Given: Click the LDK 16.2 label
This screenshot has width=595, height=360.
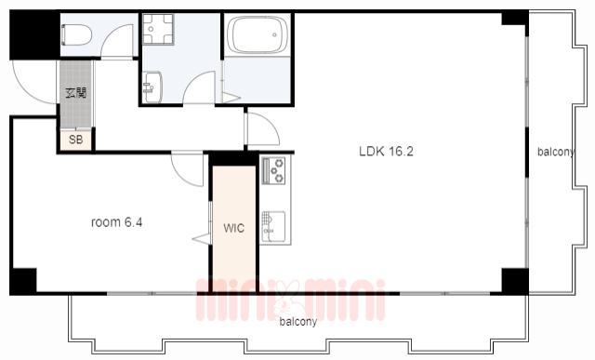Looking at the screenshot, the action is (386, 152).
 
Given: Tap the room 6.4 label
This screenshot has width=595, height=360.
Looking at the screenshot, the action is (116, 222).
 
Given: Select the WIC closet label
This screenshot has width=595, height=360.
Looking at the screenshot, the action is (233, 228).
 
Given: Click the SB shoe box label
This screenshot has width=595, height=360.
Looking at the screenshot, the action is (76, 140).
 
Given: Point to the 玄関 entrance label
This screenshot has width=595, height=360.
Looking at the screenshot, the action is (76, 93).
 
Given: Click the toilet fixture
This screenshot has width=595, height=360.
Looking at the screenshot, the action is (76, 35).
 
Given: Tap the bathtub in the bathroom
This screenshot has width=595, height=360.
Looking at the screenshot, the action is (258, 35).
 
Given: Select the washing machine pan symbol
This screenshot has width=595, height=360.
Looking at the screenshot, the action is (158, 29).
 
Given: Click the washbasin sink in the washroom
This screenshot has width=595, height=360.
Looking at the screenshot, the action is (152, 87).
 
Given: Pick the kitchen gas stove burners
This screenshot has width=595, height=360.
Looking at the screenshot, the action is (273, 170).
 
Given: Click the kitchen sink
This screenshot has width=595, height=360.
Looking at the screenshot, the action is (273, 226).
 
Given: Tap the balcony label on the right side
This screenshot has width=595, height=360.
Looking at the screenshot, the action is (556, 152).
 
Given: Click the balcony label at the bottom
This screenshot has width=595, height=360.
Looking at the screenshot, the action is (297, 322).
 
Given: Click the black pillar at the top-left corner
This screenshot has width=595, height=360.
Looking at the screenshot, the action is (34, 35).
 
